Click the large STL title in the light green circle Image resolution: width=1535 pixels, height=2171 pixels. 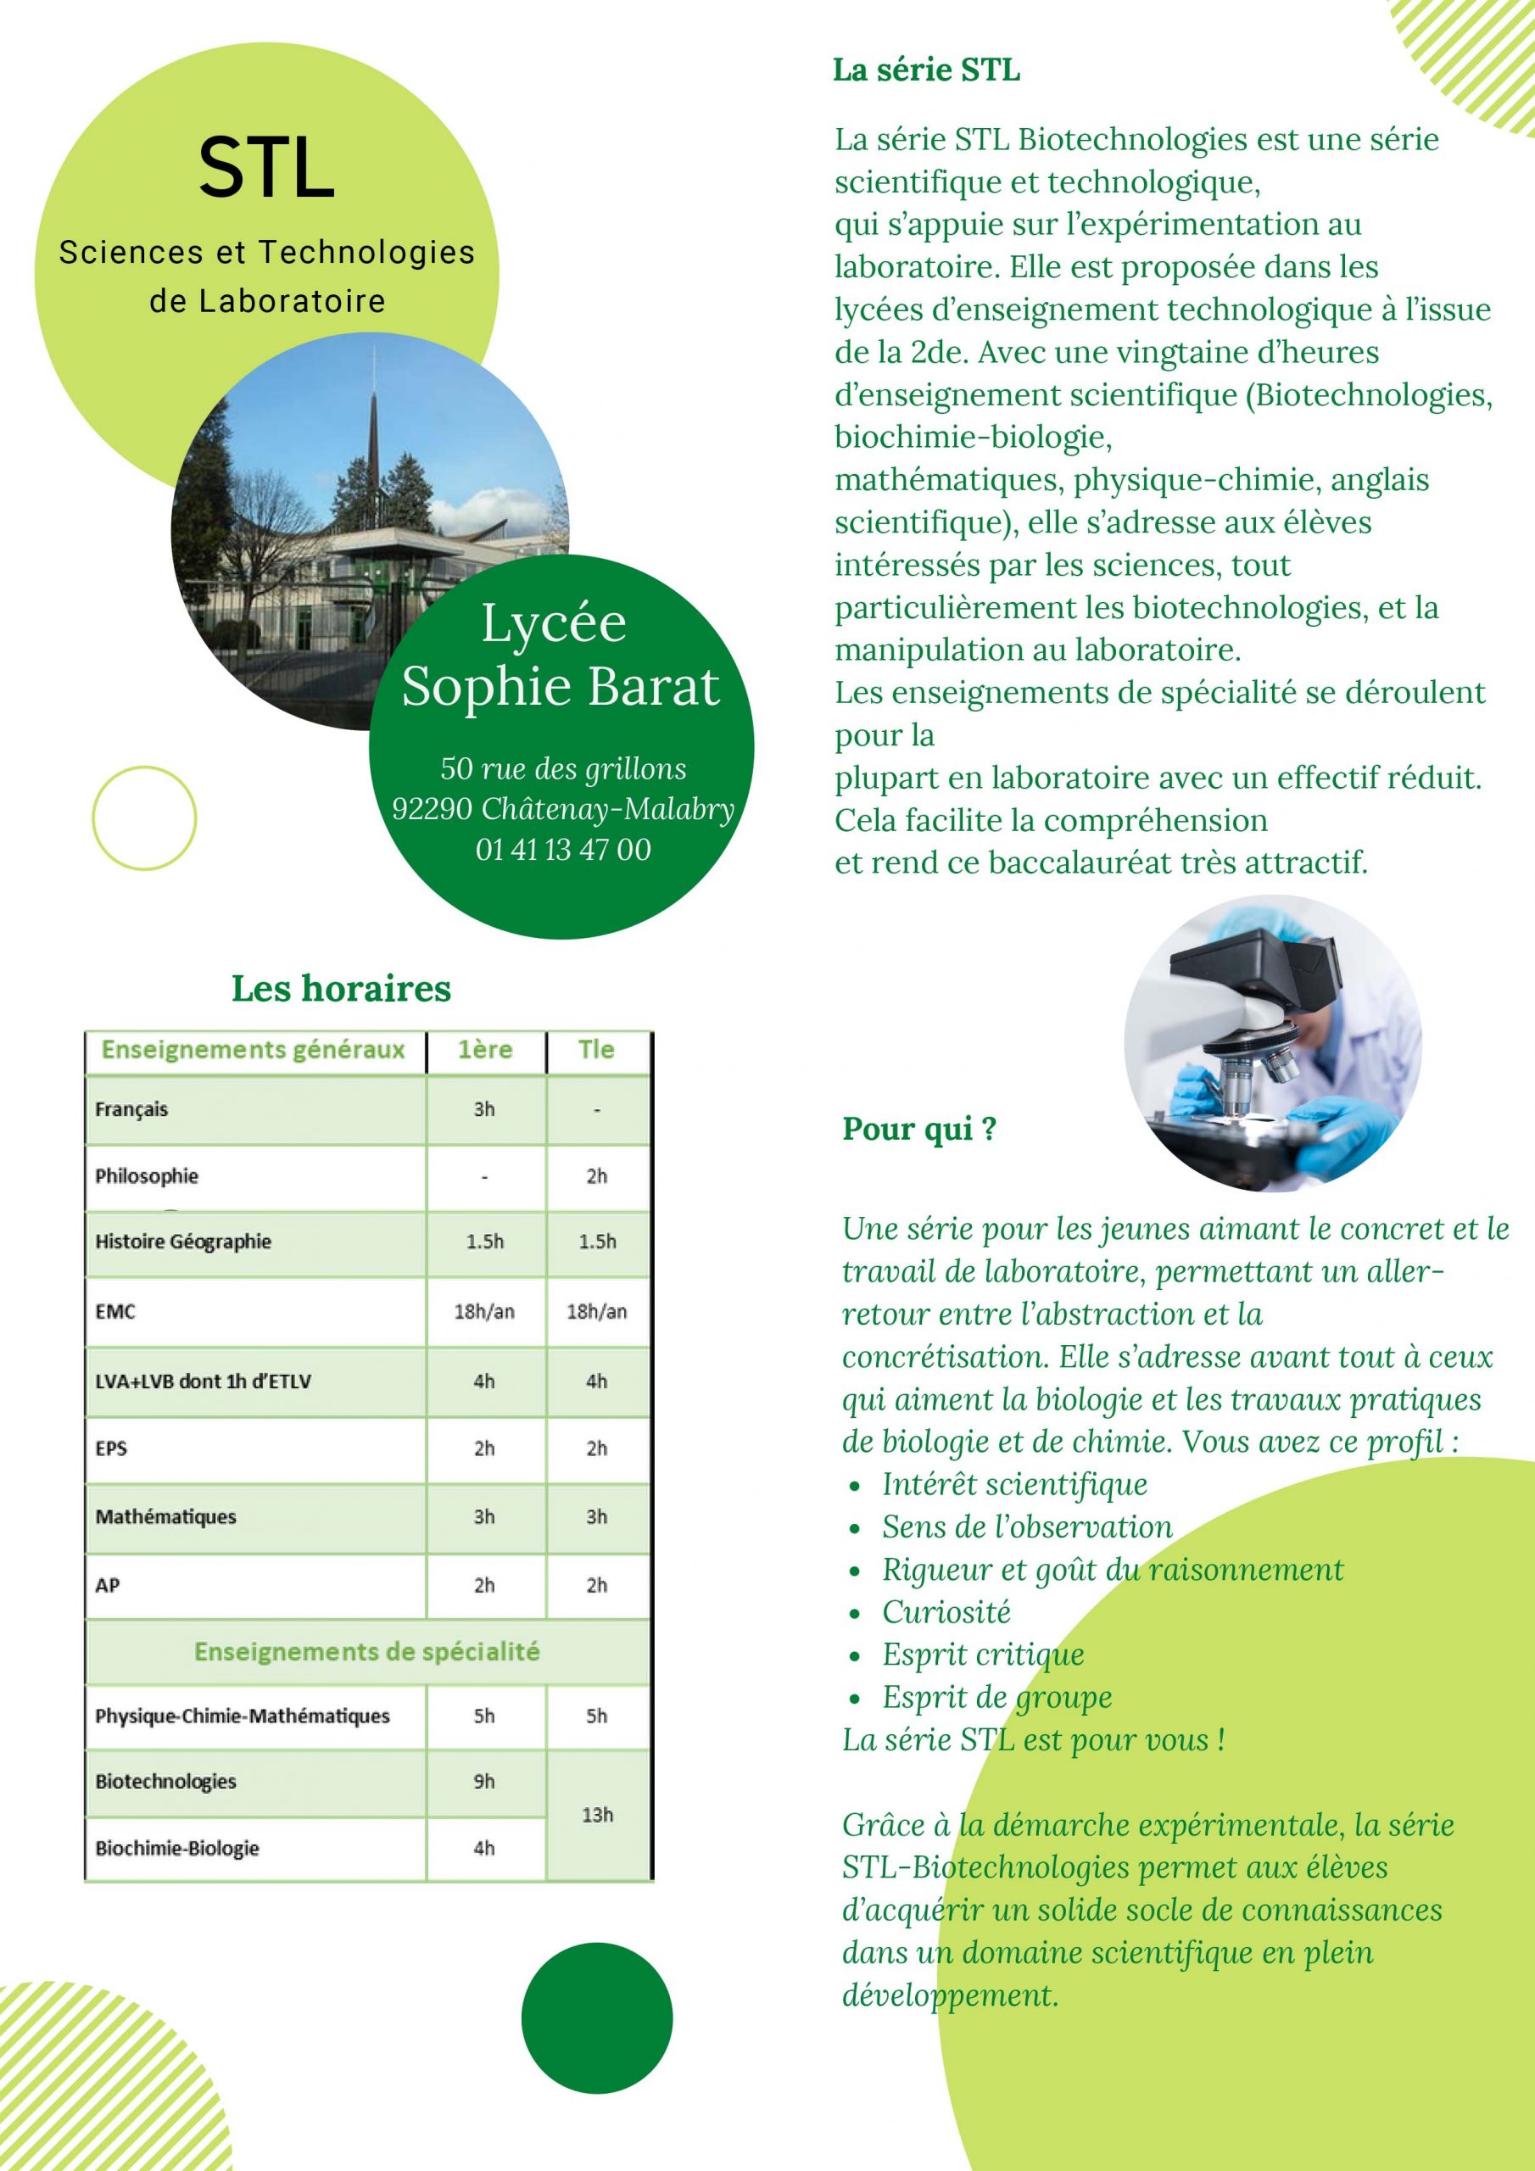point(266,168)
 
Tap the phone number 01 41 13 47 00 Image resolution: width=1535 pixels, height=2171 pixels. point(563,849)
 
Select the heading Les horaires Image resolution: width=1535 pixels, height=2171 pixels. point(342,988)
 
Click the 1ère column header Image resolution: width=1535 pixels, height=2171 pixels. point(485,1050)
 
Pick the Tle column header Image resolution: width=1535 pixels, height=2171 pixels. point(597,1050)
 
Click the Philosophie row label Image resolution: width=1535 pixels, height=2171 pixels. point(147,1176)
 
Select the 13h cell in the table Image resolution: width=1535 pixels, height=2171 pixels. point(598,1815)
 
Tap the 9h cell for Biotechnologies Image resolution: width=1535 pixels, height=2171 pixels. point(484,1782)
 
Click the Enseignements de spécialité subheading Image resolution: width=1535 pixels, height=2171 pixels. point(367,1652)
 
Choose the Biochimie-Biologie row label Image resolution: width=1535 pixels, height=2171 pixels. point(177,1848)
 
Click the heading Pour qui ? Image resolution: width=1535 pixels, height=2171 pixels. point(919,1129)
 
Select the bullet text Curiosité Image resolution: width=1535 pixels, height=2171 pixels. point(946,1612)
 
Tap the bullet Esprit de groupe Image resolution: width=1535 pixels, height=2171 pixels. point(996,1697)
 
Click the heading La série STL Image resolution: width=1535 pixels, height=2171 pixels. point(926,70)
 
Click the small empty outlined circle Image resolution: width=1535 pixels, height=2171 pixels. point(144,818)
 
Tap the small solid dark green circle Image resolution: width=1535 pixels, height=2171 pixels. point(597,2018)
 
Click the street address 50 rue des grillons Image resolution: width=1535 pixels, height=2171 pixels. point(563,767)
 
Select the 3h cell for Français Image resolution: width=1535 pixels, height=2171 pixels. point(484,1109)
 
